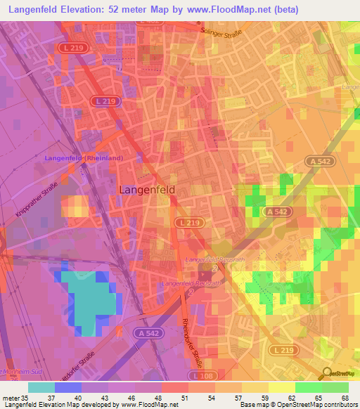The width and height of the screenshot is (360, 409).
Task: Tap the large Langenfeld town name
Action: coord(147,189)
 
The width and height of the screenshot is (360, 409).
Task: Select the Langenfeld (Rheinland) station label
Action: coord(84,158)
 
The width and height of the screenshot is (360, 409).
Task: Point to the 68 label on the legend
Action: coord(344,398)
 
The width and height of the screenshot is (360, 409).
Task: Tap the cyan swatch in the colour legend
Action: coord(41,387)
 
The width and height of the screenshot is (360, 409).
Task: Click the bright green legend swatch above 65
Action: coord(308,387)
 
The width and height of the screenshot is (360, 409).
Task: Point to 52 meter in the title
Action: coord(135,10)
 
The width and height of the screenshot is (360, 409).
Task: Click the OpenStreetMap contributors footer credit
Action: coord(312,405)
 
